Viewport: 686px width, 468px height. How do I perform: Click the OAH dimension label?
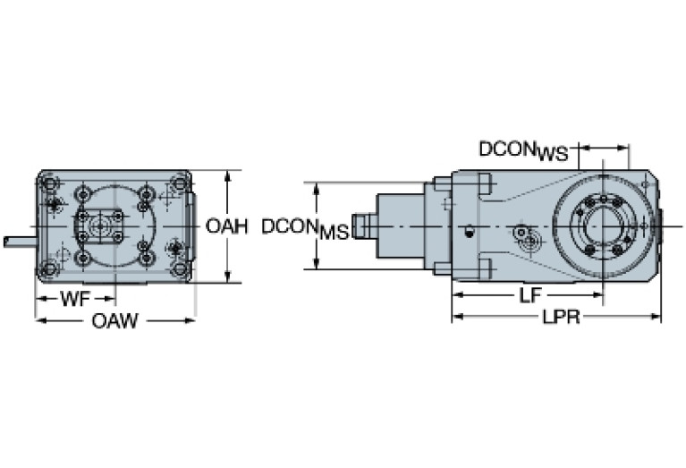[226, 226]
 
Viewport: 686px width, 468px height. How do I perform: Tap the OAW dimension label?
[115, 321]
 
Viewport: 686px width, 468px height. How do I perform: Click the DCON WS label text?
[523, 150]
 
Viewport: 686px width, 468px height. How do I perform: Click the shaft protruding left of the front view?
[19, 241]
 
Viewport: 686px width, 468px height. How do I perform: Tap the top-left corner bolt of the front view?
[48, 184]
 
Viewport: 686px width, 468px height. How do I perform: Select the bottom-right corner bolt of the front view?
[180, 268]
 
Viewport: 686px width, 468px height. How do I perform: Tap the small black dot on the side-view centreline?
[469, 232]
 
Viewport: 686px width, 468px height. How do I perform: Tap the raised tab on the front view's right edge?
[192, 226]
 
